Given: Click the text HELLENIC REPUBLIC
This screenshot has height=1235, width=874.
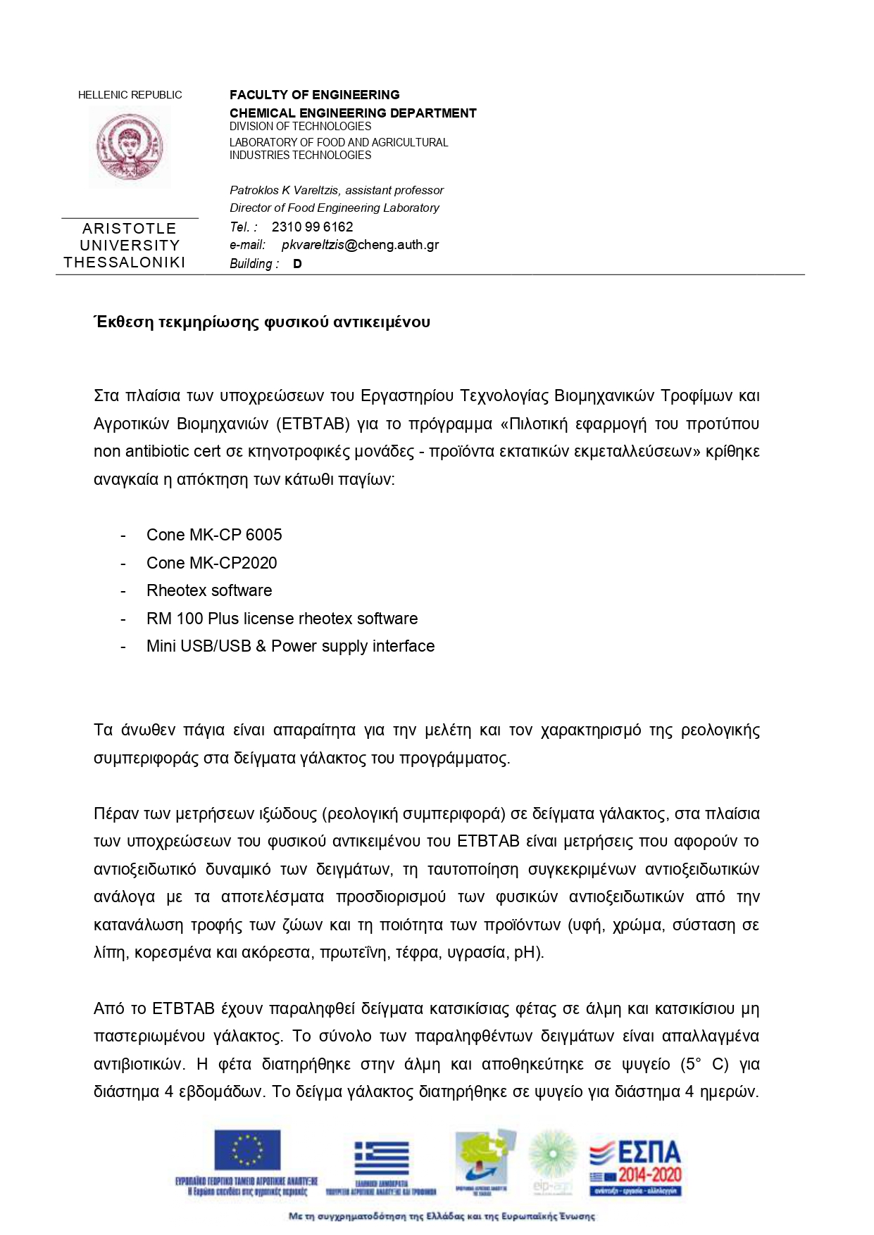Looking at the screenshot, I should (130, 95).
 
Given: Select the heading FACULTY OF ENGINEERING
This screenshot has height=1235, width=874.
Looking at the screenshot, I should (314, 95).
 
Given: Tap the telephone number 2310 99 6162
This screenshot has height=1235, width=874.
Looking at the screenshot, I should (312, 227).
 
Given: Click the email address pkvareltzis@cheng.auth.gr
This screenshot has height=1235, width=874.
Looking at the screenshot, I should (360, 245).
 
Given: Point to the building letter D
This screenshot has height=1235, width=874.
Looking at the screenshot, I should (297, 264).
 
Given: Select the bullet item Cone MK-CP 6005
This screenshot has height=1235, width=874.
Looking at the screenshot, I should (214, 535).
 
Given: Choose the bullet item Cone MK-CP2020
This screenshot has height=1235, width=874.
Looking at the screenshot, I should (211, 563).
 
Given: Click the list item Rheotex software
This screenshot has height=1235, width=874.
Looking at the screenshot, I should (209, 590).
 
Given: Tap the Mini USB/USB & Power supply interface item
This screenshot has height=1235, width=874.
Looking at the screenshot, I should (290, 646).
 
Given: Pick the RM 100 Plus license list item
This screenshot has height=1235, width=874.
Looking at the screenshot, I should (282, 619).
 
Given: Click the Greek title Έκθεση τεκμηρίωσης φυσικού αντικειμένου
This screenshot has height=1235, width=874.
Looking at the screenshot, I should (262, 322).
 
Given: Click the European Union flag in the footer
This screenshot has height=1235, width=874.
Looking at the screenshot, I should (247, 1149).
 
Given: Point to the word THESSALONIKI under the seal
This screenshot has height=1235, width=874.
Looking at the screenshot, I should (125, 262).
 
